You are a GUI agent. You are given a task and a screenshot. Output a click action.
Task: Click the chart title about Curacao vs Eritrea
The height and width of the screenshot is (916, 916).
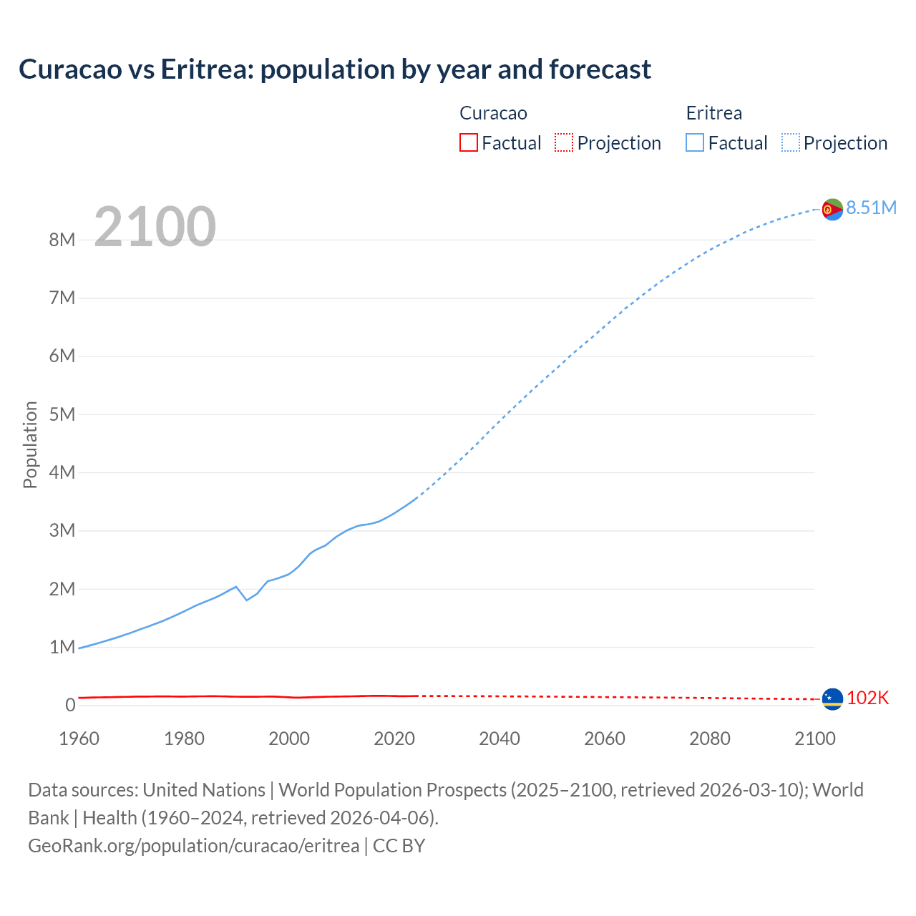[335, 69]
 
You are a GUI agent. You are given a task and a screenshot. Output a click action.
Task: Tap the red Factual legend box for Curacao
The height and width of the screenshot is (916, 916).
[468, 142]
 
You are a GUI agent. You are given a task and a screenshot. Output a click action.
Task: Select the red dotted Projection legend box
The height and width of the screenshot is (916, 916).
[564, 142]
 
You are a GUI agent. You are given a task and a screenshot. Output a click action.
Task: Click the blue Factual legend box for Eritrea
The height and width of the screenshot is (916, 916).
[695, 142]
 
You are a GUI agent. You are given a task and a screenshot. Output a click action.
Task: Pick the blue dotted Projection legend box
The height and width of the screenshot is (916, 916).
[791, 142]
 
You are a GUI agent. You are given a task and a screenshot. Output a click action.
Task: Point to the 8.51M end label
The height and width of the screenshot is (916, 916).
[871, 208]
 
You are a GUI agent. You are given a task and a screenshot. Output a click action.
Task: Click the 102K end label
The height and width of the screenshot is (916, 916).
[867, 698]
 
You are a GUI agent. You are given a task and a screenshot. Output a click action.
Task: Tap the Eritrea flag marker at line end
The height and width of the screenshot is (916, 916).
[832, 209]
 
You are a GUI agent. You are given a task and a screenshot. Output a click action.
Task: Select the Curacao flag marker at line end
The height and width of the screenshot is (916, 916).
[832, 698]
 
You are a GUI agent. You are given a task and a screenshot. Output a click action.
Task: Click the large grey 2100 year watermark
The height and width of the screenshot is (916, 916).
[155, 226]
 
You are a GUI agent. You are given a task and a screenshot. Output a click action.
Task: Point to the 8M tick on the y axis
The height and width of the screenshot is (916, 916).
[62, 240]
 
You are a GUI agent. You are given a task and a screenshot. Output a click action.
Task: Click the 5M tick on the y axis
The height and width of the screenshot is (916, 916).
[62, 414]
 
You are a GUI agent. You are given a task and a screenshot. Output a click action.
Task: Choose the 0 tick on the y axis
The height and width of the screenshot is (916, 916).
[70, 705]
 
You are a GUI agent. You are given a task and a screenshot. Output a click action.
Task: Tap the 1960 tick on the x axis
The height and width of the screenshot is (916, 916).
[79, 739]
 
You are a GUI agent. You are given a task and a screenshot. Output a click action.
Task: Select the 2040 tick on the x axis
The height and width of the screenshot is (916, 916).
[500, 739]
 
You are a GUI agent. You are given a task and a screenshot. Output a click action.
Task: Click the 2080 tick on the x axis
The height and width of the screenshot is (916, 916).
[710, 739]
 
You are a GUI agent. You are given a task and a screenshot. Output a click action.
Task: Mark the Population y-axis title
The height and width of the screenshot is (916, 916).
[30, 444]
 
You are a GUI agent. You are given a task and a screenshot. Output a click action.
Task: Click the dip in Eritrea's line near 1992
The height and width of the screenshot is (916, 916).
[247, 600]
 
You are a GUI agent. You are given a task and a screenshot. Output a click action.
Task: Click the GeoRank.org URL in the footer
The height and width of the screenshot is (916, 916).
[193, 846]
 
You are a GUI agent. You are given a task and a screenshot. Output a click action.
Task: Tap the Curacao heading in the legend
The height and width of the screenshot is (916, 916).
[493, 113]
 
